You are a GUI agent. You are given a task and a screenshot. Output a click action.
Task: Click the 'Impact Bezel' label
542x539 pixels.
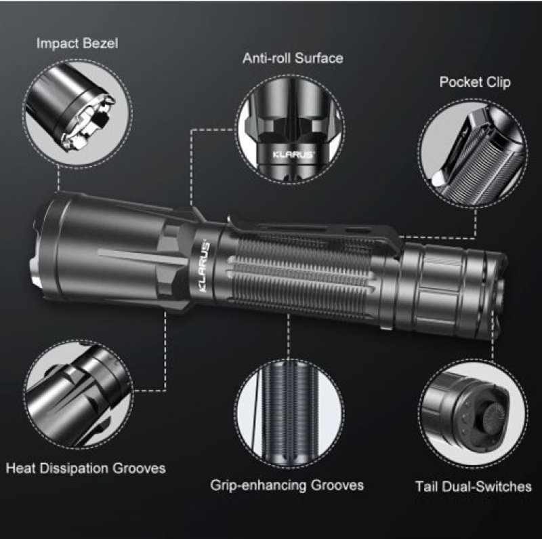(77, 44)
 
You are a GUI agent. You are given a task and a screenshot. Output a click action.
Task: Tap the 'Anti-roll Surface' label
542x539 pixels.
(293, 58)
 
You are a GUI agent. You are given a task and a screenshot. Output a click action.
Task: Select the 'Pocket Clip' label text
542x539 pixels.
(475, 83)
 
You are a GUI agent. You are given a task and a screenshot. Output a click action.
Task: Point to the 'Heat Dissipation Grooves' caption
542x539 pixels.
(85, 468)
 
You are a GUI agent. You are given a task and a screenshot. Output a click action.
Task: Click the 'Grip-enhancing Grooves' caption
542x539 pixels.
(287, 485)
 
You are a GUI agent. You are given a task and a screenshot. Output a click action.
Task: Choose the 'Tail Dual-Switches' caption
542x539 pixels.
(473, 486)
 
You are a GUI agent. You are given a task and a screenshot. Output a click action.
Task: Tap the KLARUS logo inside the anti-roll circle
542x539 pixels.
(293, 153)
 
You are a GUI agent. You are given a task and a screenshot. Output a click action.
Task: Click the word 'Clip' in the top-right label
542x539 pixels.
(498, 83)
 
